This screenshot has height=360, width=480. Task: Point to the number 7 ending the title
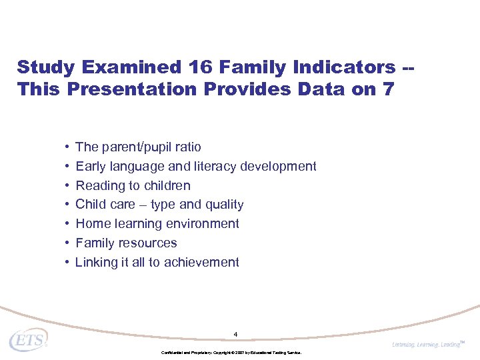(x=389, y=89)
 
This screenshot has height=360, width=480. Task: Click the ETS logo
(x=29, y=340)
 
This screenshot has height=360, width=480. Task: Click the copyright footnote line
(x=231, y=352)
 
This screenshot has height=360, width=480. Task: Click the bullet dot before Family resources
(x=68, y=243)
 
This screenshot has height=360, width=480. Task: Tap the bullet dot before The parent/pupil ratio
(x=68, y=147)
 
